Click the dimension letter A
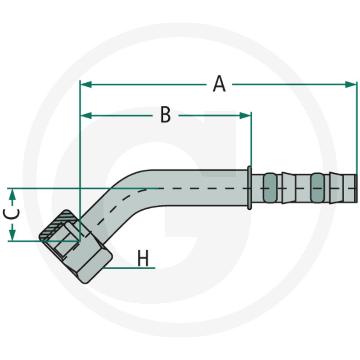[x=219, y=84]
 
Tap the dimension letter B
[x=166, y=115]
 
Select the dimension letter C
[x=13, y=214]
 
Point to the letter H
[x=143, y=259]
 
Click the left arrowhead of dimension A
[x=85, y=84]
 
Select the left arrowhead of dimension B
[x=86, y=116]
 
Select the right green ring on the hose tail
[x=317, y=188]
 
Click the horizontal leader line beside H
[x=130, y=268]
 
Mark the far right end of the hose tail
[x=355, y=188]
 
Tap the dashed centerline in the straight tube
[x=202, y=188]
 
